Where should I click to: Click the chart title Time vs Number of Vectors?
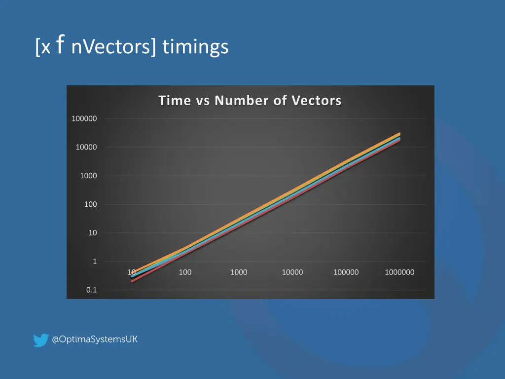250,101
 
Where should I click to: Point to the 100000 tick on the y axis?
84,119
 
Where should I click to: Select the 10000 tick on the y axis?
86,148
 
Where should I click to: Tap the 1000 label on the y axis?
88,176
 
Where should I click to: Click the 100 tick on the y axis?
90,204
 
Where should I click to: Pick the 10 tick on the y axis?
93,233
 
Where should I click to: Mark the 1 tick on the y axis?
95,262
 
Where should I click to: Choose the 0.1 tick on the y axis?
92,290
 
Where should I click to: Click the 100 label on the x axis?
185,272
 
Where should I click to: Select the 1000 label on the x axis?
239,272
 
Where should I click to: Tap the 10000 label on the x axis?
292,272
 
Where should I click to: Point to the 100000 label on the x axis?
346,272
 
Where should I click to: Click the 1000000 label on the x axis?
399,272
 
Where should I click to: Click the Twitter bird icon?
40,340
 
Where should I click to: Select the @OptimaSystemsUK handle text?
95,340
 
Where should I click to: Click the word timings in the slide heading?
195,47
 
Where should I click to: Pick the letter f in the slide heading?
60,45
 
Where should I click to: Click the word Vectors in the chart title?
316,101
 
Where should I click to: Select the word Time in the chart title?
175,101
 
